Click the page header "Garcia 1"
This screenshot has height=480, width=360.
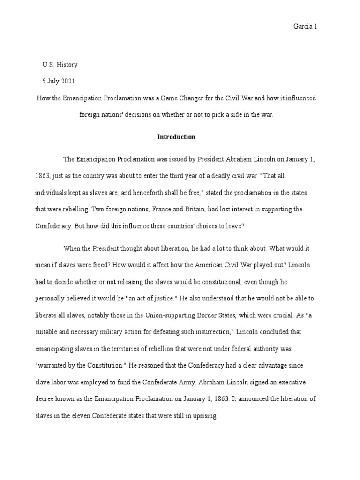coord(306,27)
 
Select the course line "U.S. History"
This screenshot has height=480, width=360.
coord(60,65)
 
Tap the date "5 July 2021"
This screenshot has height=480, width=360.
coord(58,81)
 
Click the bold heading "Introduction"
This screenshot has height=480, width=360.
coord(176,137)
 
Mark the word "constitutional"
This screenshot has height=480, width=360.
coord(205,281)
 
